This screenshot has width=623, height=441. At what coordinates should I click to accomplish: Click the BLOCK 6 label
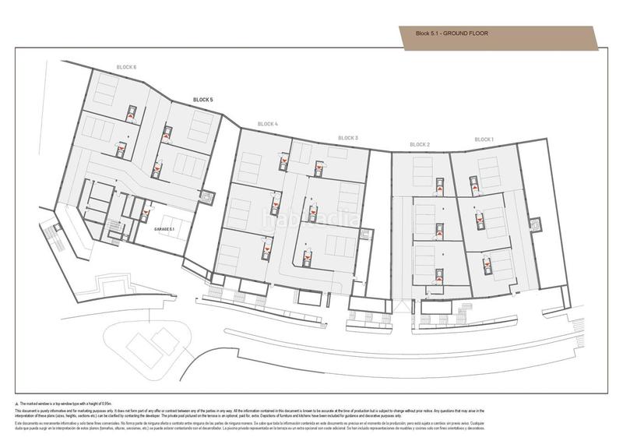point(126,67)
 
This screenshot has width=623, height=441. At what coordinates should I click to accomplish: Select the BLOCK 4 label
point(267,124)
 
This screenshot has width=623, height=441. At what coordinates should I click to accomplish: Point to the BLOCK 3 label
point(348,138)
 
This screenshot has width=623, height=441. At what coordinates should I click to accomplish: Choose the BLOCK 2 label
point(420,144)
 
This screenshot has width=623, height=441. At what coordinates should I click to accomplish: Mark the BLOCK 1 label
point(484,139)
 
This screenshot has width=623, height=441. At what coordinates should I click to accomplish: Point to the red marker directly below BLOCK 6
point(131,114)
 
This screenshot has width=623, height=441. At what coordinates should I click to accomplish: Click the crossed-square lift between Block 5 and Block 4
point(207,196)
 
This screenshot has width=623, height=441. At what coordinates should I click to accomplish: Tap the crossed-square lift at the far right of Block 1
point(535,224)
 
